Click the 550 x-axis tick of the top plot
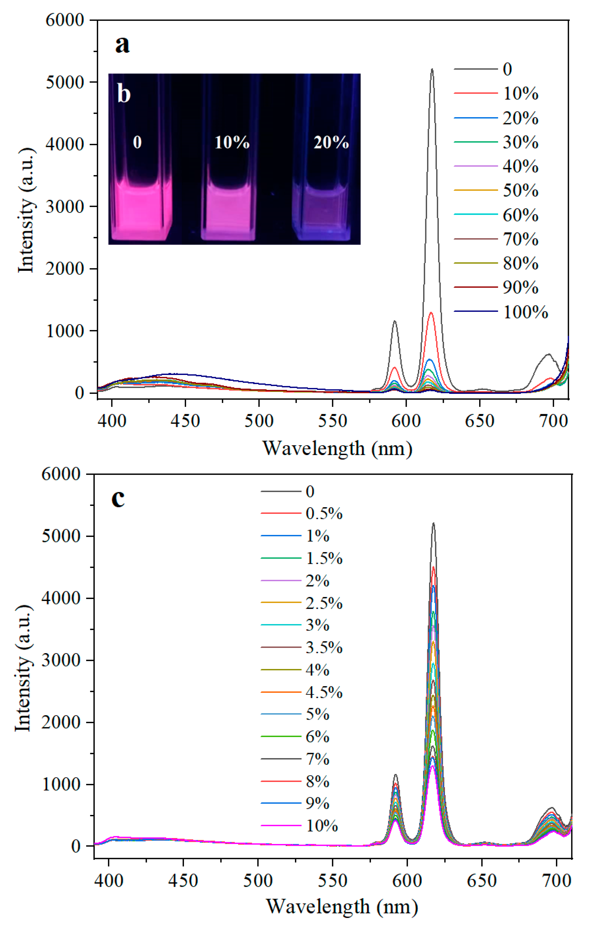pyautogui.click(x=332, y=421)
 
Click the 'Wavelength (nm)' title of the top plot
pyautogui.click(x=337, y=449)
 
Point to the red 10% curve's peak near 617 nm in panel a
pyautogui.click(x=431, y=313)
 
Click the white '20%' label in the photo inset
pyautogui.click(x=331, y=143)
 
